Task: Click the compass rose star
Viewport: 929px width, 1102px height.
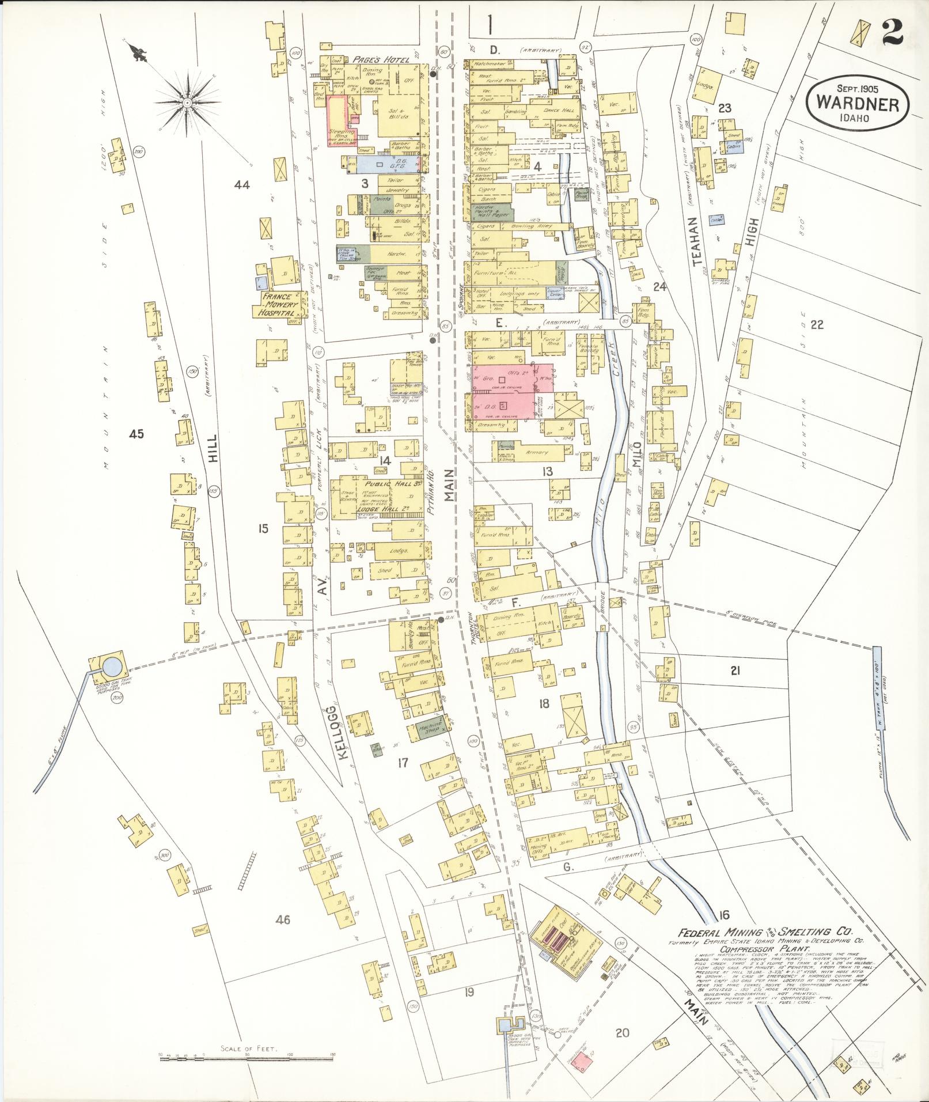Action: (x=187, y=103)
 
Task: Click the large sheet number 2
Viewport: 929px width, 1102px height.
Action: (x=892, y=30)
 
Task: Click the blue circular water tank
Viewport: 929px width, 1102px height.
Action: (x=112, y=667)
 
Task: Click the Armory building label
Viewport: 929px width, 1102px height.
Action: (x=538, y=453)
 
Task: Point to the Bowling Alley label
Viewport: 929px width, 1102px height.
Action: (x=530, y=226)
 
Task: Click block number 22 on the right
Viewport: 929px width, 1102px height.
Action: (x=817, y=324)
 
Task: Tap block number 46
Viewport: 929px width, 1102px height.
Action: (x=283, y=919)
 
